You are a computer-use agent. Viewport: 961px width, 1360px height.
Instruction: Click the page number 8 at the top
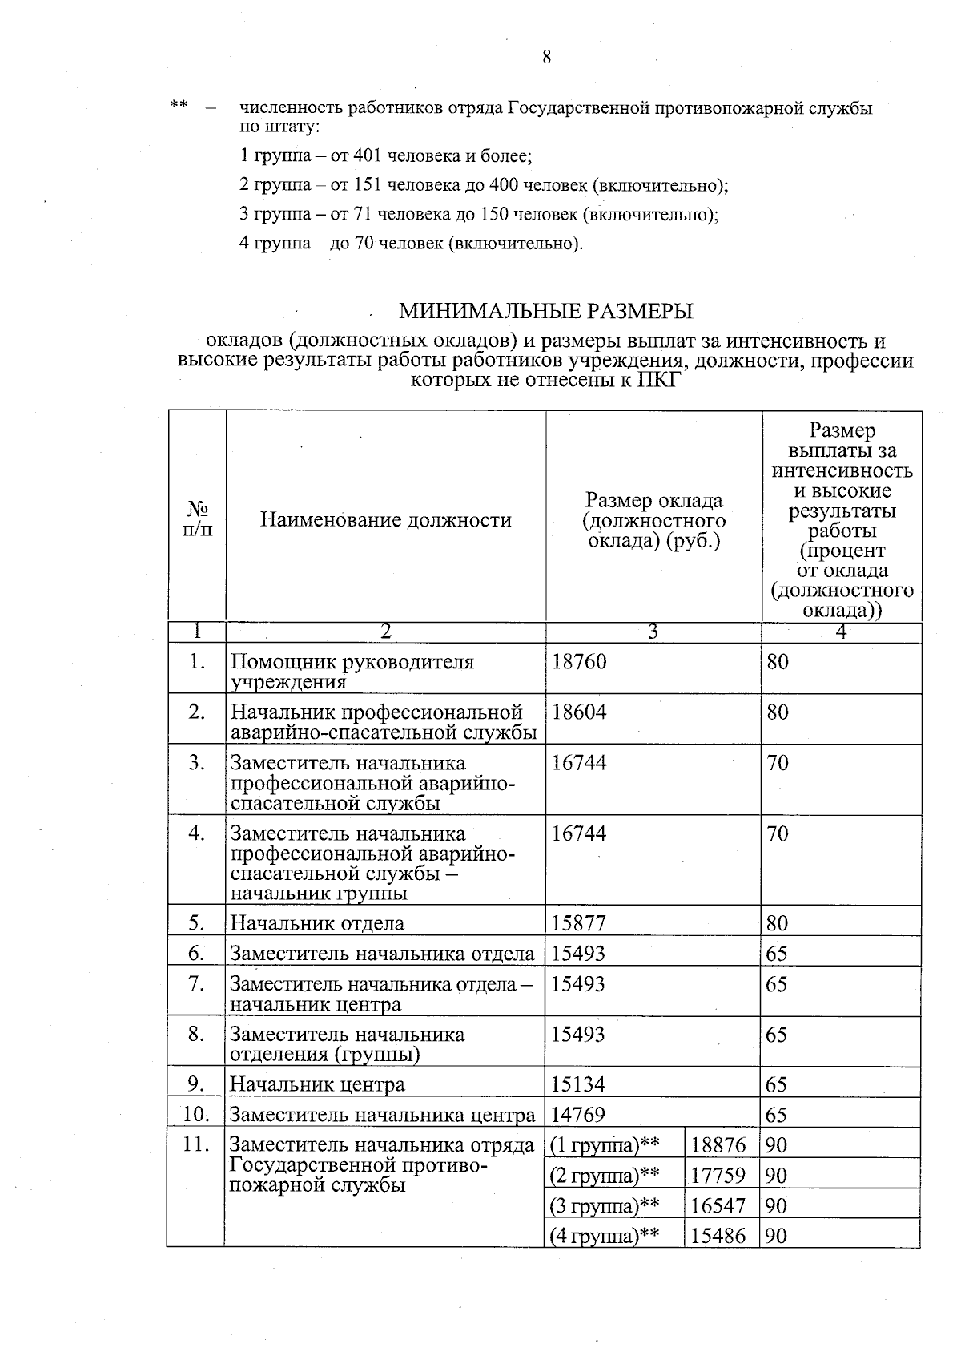[546, 57]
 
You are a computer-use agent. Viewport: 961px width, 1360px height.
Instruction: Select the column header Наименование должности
[385, 520]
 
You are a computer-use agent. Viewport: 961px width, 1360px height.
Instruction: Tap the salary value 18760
[579, 662]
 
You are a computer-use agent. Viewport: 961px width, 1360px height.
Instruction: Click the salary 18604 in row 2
[579, 712]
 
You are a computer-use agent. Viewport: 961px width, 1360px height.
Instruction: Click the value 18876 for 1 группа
[718, 1145]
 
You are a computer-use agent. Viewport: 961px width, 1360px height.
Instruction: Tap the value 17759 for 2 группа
[718, 1176]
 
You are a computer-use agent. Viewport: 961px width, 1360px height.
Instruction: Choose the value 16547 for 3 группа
[718, 1206]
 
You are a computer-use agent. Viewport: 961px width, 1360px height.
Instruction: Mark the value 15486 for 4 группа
[718, 1236]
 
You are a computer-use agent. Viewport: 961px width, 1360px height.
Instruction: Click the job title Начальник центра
[317, 1085]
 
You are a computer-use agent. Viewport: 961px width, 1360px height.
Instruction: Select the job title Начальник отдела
[317, 923]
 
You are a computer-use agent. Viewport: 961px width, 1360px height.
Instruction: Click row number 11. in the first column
[196, 1144]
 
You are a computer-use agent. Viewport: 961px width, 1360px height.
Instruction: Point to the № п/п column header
[198, 520]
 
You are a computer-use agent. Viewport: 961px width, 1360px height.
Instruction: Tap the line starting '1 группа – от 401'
[385, 155]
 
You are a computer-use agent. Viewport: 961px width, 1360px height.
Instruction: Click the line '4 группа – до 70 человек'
[411, 243]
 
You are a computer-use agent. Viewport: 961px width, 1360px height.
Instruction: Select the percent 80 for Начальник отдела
[777, 923]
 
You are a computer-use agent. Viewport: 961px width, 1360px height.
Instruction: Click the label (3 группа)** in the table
[605, 1206]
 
